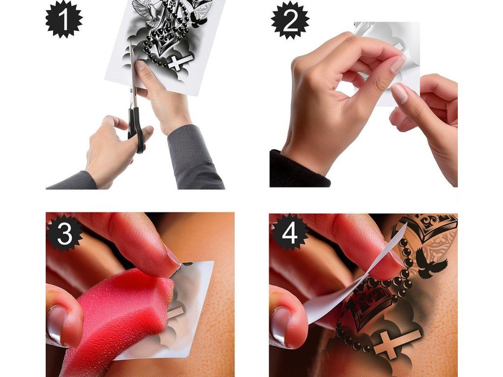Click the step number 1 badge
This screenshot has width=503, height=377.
coord(64,19)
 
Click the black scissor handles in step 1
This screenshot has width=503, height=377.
coord(137,128)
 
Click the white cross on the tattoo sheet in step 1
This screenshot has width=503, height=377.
coord(180,62)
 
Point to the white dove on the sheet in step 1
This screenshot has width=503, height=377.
coord(148,13)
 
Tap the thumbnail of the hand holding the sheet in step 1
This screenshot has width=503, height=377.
coord(140,65)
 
